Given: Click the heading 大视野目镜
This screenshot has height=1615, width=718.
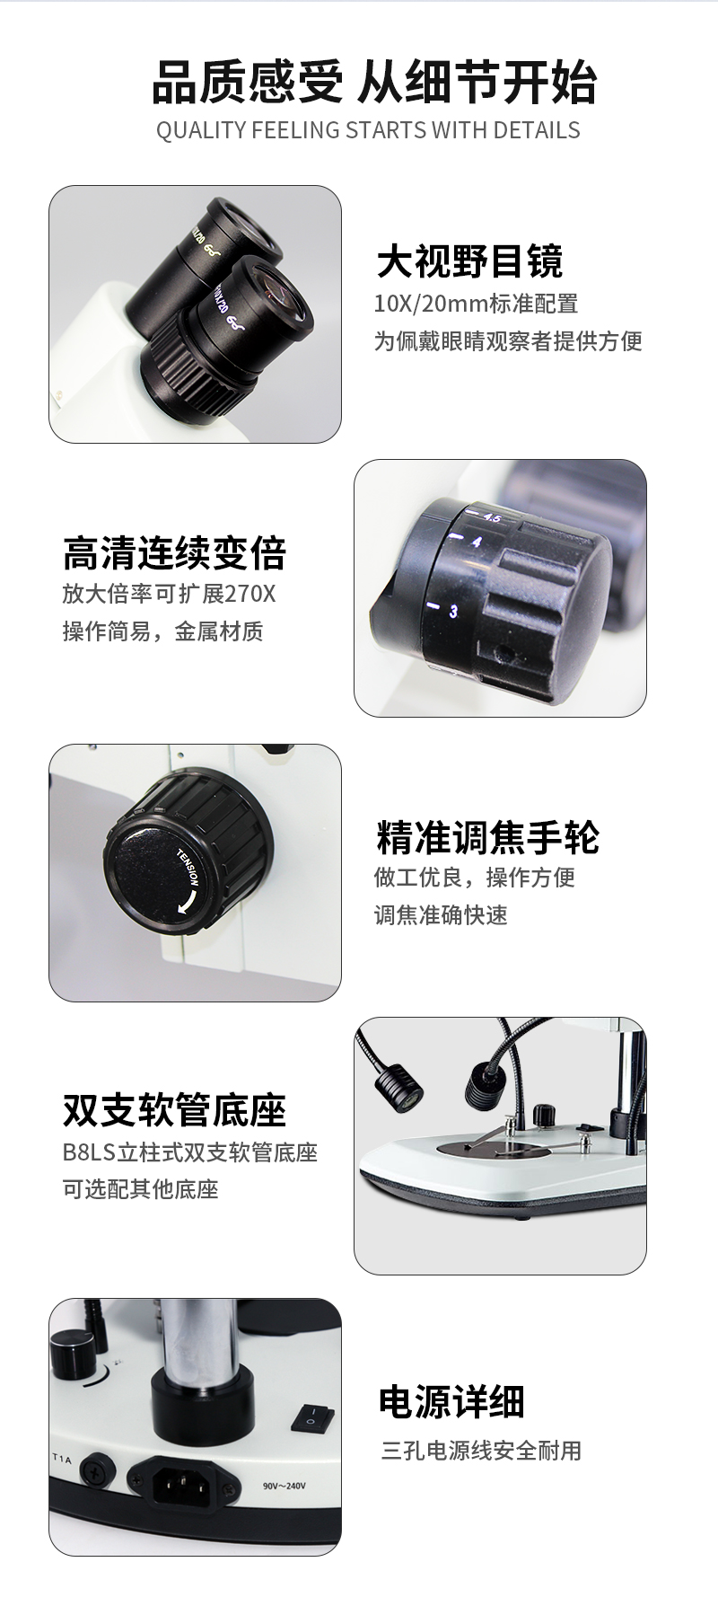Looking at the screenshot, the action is (x=469, y=261).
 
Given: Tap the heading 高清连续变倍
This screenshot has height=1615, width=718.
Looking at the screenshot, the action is (x=174, y=552).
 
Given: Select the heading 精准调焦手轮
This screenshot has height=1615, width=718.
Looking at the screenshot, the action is (x=487, y=837).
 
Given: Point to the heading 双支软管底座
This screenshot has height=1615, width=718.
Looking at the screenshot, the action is (x=174, y=1110).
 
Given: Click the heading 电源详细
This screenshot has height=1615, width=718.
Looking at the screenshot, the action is (x=451, y=1401).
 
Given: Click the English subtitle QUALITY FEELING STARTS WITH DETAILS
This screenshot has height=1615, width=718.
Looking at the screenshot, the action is (x=368, y=130).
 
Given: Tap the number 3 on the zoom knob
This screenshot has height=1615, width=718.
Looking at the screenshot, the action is (x=453, y=612).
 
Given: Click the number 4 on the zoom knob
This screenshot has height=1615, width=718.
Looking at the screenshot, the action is (x=477, y=542).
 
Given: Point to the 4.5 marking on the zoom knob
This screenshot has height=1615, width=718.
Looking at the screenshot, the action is (x=492, y=517).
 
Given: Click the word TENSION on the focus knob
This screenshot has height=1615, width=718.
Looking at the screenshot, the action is (x=193, y=867).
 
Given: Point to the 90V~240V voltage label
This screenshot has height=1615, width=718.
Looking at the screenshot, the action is (x=285, y=1486).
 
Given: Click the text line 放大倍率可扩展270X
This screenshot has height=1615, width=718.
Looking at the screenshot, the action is (x=170, y=594).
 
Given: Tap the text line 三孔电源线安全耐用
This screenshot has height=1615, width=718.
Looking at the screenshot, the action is (x=481, y=1451).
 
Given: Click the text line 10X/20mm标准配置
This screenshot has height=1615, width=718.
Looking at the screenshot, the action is (x=476, y=304).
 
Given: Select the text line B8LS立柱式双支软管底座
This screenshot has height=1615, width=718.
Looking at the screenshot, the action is (x=190, y=1152).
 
